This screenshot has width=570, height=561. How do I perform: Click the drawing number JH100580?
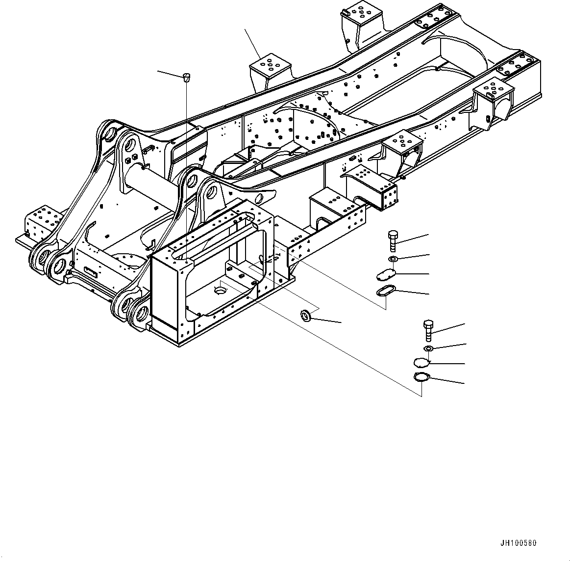coord(518,543)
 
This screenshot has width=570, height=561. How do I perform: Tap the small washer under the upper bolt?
coord(393,258)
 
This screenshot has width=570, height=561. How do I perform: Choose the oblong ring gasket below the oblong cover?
coord(385,291)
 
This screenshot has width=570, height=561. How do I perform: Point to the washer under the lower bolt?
coord(428,348)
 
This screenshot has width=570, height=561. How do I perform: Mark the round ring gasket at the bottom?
coord(421,377)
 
